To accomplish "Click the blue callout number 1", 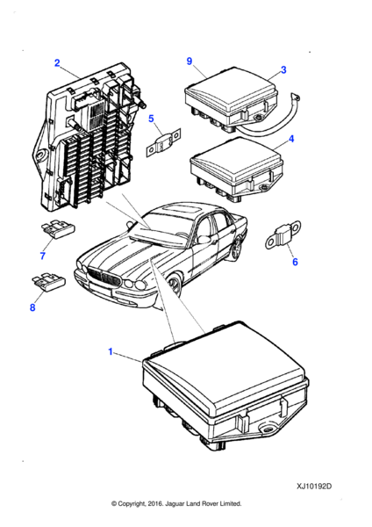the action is (x=111, y=351).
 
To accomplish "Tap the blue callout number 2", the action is (x=57, y=63).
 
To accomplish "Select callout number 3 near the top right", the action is (x=283, y=70).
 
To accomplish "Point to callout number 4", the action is (x=291, y=139).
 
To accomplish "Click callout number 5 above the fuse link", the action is (x=151, y=119).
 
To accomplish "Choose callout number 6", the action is (x=295, y=262).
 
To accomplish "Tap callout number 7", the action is (x=42, y=256).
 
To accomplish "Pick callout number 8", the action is (x=32, y=307).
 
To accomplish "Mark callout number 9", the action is (x=189, y=61).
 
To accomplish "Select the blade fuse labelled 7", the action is (x=58, y=229).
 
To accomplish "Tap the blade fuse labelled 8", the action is (x=48, y=283).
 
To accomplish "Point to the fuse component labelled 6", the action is (x=283, y=235).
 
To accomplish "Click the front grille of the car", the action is (x=104, y=278).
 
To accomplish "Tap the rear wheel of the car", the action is (x=237, y=249).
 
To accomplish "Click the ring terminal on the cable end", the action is (x=297, y=97).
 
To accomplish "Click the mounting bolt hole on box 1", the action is (x=268, y=430).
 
